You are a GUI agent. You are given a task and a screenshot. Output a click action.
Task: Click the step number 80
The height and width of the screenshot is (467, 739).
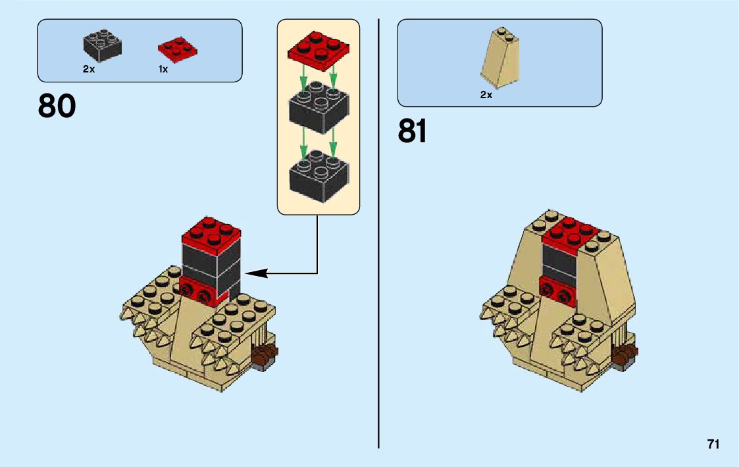[57, 106]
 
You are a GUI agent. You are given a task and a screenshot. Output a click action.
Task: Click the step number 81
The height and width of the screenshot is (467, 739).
[413, 131]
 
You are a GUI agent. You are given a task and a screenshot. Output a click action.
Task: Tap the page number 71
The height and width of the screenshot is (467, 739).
[713, 445]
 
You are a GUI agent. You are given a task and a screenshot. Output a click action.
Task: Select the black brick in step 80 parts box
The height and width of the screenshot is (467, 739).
[102, 45]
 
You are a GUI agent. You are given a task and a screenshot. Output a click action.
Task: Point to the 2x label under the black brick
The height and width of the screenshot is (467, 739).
[89, 69]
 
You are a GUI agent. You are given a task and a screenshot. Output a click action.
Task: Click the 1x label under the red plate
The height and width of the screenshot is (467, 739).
[163, 69]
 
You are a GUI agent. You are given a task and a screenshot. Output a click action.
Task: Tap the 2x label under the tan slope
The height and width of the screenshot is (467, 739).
[486, 95]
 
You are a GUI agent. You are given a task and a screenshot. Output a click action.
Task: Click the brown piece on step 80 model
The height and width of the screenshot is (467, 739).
[265, 355]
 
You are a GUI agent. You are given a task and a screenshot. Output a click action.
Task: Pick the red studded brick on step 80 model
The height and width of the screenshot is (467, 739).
[197, 290]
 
